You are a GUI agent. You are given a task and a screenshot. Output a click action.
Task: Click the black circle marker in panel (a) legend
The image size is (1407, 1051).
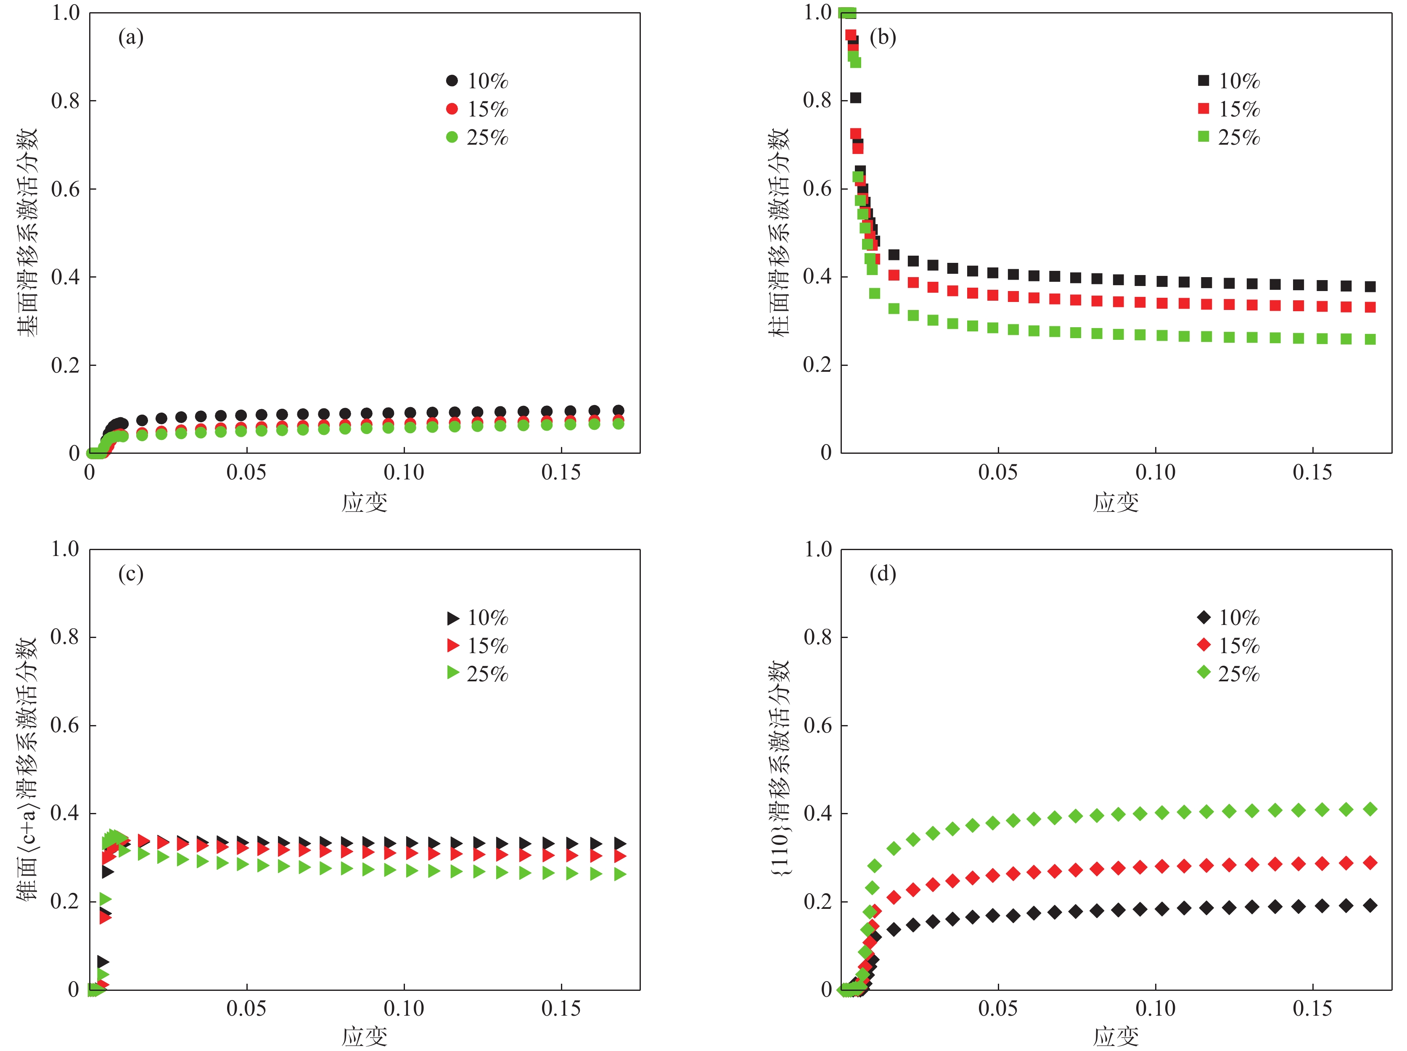(452, 81)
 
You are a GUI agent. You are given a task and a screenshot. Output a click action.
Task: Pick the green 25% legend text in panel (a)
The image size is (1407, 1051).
(487, 138)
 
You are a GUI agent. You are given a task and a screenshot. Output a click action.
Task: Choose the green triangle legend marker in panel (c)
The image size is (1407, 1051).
(452, 673)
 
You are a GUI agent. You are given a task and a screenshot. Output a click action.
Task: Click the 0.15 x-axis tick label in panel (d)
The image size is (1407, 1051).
(1312, 1009)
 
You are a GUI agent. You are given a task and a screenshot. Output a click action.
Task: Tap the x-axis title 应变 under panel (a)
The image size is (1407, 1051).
(365, 503)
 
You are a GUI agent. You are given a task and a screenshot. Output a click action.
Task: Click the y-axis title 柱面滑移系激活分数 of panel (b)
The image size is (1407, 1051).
(778, 232)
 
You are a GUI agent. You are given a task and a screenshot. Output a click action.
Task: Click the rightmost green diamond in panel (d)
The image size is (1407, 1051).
(1370, 809)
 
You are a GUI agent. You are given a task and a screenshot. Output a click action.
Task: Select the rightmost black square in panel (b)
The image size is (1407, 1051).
(1370, 287)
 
